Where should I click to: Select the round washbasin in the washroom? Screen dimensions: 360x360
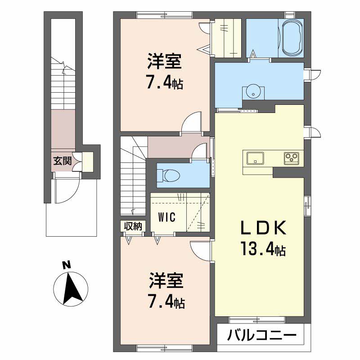point(253,91)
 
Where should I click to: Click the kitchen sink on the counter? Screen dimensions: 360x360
point(255,158)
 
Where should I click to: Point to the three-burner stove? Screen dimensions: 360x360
point(291,158)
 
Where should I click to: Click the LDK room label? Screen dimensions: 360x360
point(263,228)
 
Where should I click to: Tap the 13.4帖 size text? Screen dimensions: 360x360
point(263,249)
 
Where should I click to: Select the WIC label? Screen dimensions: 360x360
point(167,217)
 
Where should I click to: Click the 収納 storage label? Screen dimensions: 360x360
point(133,226)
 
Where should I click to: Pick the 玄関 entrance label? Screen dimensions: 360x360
point(63,161)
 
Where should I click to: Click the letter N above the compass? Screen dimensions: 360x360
point(67,265)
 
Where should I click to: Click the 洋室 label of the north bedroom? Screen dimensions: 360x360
point(164,61)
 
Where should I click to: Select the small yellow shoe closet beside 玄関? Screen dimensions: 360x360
point(88,162)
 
